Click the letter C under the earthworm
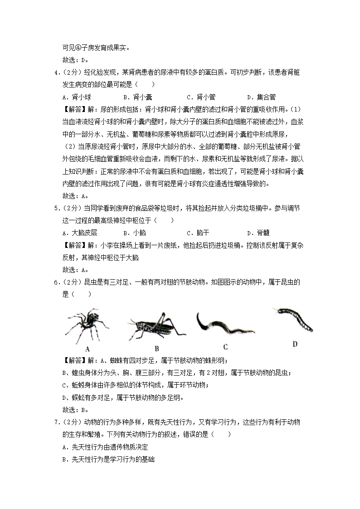225,348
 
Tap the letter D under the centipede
295,344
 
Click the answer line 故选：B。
75,410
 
